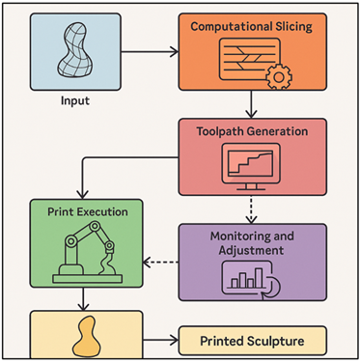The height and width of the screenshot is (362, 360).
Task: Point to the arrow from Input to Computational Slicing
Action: [151, 47]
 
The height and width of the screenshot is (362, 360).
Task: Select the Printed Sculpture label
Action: [253, 341]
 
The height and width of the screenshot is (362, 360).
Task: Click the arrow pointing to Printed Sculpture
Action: [158, 341]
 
